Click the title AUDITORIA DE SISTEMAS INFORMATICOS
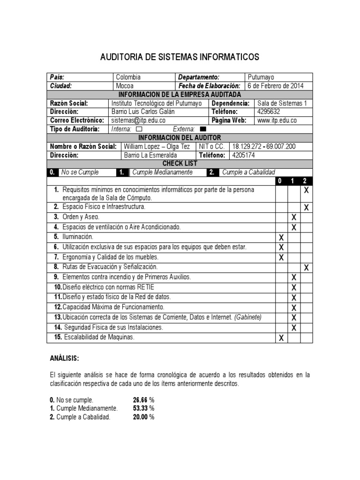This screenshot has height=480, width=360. pyautogui.click(x=180, y=57)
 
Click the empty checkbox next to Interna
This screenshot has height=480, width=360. pyautogui.click(x=138, y=129)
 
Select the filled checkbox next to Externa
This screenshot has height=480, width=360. pyautogui.click(x=203, y=129)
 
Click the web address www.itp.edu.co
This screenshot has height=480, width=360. pyautogui.click(x=277, y=120)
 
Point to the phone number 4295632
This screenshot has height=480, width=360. pyautogui.click(x=269, y=112)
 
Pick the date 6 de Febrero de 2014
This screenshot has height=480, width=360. pyautogui.click(x=276, y=86)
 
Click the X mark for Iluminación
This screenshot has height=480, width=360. pyautogui.click(x=281, y=238)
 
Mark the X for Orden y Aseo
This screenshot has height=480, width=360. pyautogui.click(x=294, y=217)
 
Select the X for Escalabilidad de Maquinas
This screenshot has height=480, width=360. pyautogui.click(x=281, y=338)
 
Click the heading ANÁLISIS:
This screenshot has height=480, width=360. pyautogui.click(x=65, y=359)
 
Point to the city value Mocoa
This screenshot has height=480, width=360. pyautogui.click(x=125, y=86)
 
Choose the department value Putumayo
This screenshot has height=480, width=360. pyautogui.click(x=261, y=77)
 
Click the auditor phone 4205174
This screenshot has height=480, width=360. pyautogui.click(x=244, y=155)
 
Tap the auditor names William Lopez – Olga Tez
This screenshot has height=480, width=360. pyautogui.click(x=157, y=147)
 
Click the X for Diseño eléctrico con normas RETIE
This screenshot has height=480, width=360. pyautogui.click(x=294, y=287)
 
